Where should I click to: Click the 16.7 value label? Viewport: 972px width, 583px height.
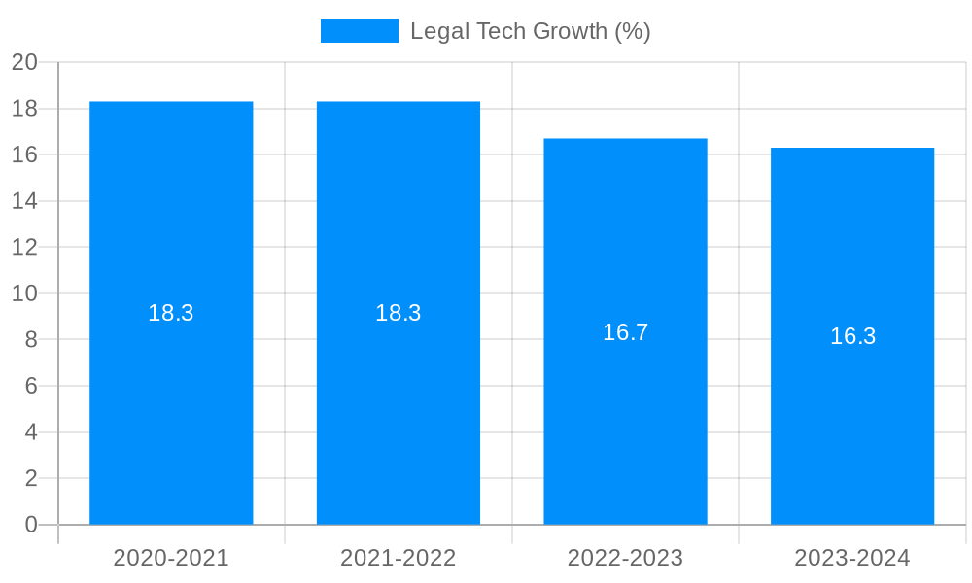click(625, 332)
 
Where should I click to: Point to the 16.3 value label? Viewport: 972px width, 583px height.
click(852, 336)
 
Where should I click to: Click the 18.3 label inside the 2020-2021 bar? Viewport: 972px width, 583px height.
click(171, 313)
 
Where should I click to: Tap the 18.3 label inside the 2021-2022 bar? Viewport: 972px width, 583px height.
click(399, 313)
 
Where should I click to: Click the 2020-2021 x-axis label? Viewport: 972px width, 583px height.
click(171, 558)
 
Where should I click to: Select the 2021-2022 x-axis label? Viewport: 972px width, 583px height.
click(399, 558)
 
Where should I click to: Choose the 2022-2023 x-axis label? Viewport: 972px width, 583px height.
click(625, 558)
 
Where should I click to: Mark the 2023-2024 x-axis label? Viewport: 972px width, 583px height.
click(852, 558)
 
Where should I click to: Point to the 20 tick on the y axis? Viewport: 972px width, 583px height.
click(24, 62)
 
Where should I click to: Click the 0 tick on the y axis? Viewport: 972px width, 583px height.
click(31, 525)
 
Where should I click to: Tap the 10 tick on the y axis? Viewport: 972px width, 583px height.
click(24, 293)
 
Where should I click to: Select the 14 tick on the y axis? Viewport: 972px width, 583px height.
click(24, 201)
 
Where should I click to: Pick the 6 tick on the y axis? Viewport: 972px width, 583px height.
click(31, 386)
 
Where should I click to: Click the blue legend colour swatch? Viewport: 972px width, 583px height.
click(359, 31)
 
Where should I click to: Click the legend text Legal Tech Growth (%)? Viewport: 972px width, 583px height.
click(530, 31)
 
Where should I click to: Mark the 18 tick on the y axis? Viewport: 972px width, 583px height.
click(24, 109)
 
